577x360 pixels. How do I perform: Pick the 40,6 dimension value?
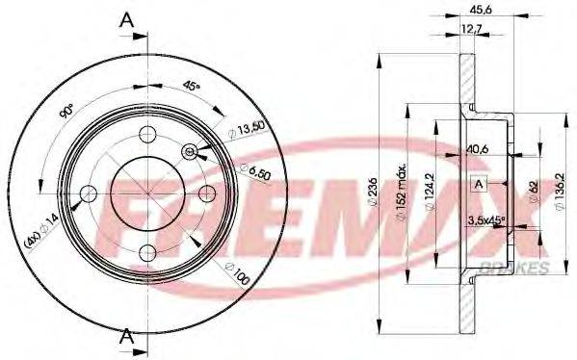click(478, 148)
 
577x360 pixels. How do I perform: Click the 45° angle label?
click(192, 86)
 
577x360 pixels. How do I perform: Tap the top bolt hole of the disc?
click(146, 134)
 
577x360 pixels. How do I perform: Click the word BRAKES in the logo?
click(522, 266)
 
